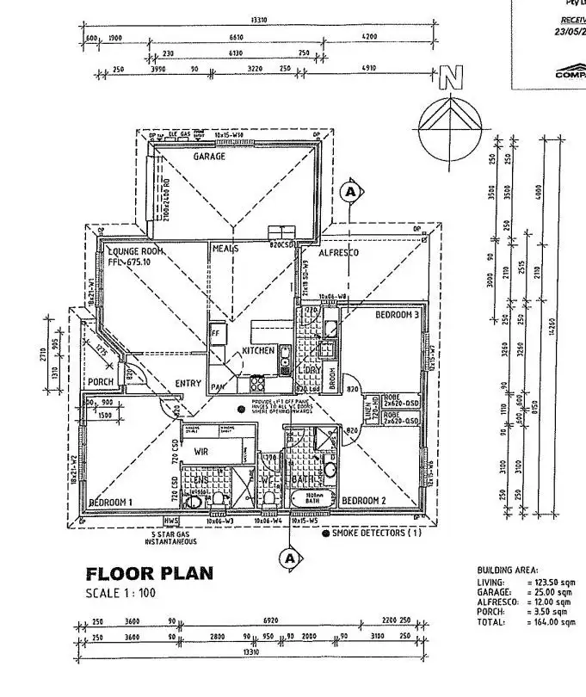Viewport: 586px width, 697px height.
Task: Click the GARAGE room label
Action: tap(209, 157)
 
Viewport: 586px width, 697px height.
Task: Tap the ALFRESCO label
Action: tap(338, 253)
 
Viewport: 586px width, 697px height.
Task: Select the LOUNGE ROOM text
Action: tap(135, 250)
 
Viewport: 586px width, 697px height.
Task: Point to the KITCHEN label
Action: tap(257, 351)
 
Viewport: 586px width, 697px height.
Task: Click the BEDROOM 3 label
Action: tap(397, 315)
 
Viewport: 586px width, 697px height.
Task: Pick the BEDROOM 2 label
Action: tap(365, 500)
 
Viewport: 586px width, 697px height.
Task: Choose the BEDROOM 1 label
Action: tap(110, 501)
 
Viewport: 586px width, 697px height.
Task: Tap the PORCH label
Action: tap(101, 382)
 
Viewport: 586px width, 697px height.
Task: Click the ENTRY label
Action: tap(188, 383)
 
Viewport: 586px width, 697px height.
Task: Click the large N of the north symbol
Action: tap(448, 80)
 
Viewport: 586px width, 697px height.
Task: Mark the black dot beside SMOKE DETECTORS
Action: tap(325, 534)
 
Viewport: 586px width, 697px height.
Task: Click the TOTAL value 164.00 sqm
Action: tap(556, 622)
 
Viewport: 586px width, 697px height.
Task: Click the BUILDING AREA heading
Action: tap(508, 571)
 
